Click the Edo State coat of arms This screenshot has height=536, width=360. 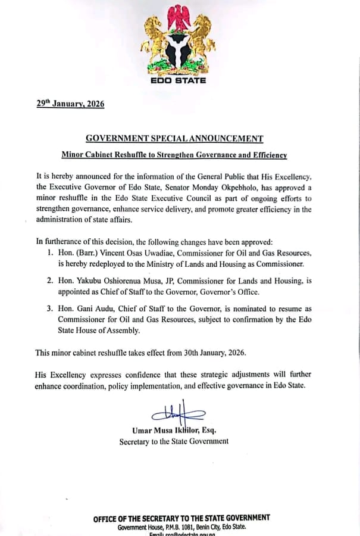178,40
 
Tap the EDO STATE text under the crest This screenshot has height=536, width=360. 178,80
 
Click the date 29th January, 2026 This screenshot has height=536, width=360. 70,104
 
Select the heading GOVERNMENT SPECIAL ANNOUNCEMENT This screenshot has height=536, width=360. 174,138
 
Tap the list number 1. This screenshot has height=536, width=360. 49,253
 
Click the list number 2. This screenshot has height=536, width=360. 49,281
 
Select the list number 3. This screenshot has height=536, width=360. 49,309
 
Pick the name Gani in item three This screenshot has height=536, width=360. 86,309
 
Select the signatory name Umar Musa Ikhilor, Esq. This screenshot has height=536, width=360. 174,430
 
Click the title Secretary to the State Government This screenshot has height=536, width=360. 174,441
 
